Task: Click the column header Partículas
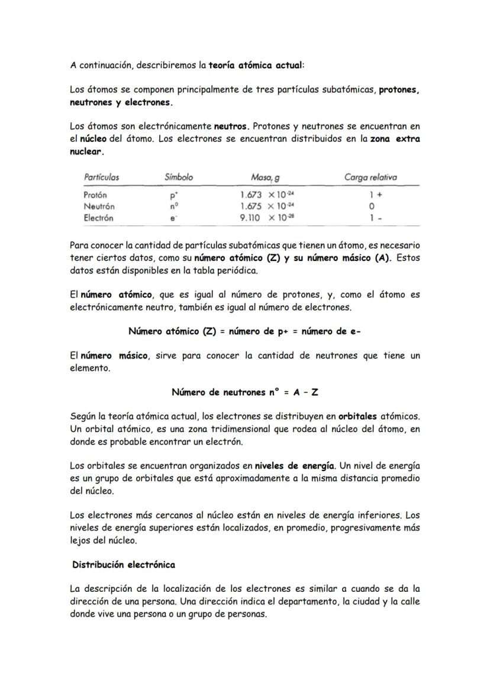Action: pyautogui.click(x=101, y=177)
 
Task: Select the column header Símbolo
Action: pyautogui.click(x=178, y=177)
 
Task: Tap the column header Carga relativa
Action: pyautogui.click(x=370, y=177)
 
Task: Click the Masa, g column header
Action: pyautogui.click(x=265, y=177)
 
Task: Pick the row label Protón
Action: pyautogui.click(x=95, y=195)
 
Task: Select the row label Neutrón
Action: pyautogui.click(x=99, y=207)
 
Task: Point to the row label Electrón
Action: pyautogui.click(x=98, y=218)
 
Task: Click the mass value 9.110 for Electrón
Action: pyautogui.click(x=252, y=218)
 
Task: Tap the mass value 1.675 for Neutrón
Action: pyautogui.click(x=252, y=207)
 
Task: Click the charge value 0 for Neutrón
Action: pyautogui.click(x=371, y=207)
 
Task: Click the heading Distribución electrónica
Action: pyautogui.click(x=124, y=565)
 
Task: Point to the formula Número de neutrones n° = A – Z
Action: pyautogui.click(x=245, y=392)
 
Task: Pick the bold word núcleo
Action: pyautogui.click(x=94, y=138)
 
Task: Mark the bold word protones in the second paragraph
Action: pyautogui.click(x=399, y=90)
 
